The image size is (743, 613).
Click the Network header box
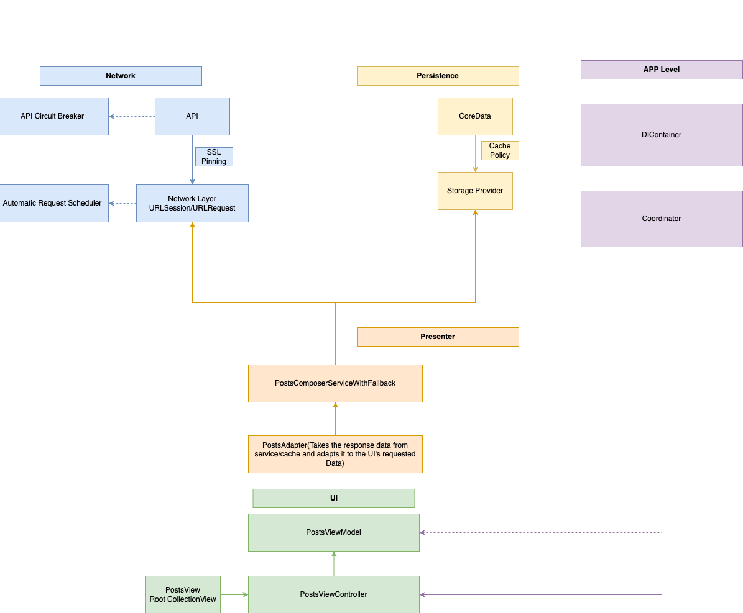coord(121,76)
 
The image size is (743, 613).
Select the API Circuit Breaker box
coord(53,116)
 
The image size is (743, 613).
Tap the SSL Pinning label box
coord(214,157)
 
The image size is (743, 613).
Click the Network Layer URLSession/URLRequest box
coord(192,203)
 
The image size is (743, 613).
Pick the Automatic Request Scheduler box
coord(53,203)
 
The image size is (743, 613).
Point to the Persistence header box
coord(438,76)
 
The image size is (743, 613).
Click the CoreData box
coord(475,116)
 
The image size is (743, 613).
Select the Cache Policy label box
coord(500,150)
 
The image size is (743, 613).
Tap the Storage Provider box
coord(475,191)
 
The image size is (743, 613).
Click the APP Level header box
coord(662,70)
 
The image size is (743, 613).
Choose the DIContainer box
coord(662,135)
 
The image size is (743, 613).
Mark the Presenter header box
coord(438,337)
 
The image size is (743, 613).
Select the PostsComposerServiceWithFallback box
coord(335,383)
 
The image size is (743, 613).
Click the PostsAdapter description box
coord(335,454)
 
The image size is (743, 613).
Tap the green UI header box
coord(334,498)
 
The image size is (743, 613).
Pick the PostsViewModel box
coord(334,532)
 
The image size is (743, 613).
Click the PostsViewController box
coord(334,594)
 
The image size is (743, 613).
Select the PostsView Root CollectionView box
coord(183,594)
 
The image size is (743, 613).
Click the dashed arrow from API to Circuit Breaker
coord(132,116)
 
